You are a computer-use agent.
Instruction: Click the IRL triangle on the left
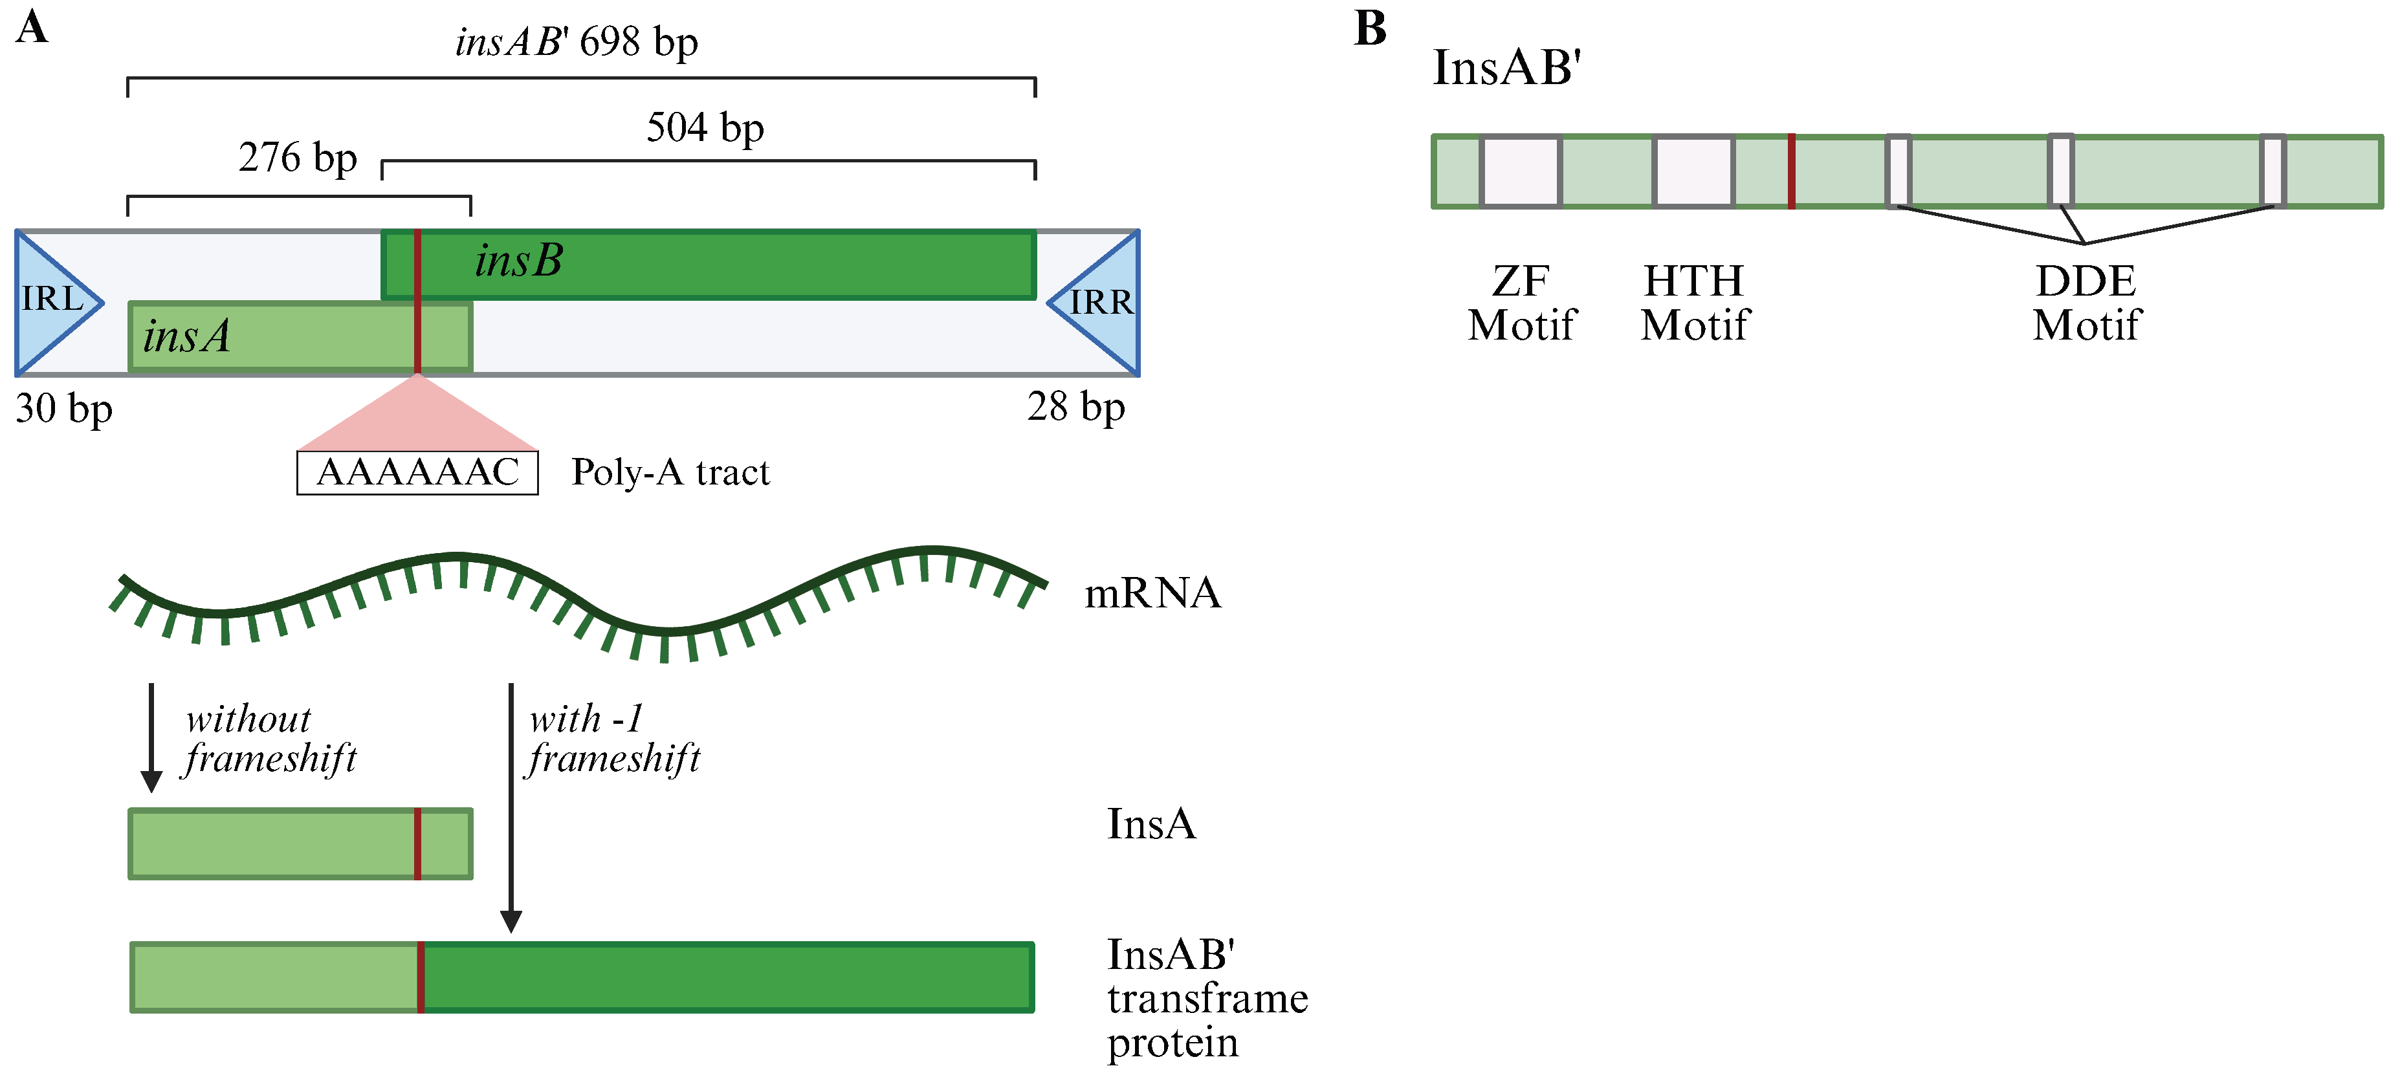pyautogui.click(x=51, y=302)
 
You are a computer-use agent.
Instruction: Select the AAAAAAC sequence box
pyautogui.click(x=417, y=472)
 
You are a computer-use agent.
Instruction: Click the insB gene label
pyautogui.click(x=519, y=261)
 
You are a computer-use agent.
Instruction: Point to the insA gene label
pyautogui.click(x=186, y=336)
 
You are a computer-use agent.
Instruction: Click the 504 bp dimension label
pyautogui.click(x=705, y=127)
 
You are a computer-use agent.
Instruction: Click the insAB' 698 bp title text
pyautogui.click(x=577, y=42)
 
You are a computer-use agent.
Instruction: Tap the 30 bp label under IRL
pyautogui.click(x=63, y=408)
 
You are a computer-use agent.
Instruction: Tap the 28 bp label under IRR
pyautogui.click(x=1076, y=407)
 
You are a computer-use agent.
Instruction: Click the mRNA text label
pyautogui.click(x=1152, y=593)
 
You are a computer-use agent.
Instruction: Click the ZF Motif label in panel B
pyautogui.click(x=1521, y=303)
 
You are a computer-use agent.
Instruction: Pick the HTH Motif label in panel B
pyautogui.click(x=1695, y=303)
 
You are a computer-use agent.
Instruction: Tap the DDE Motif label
pyautogui.click(x=2086, y=303)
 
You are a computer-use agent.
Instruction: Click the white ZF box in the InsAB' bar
pyautogui.click(x=1521, y=171)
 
